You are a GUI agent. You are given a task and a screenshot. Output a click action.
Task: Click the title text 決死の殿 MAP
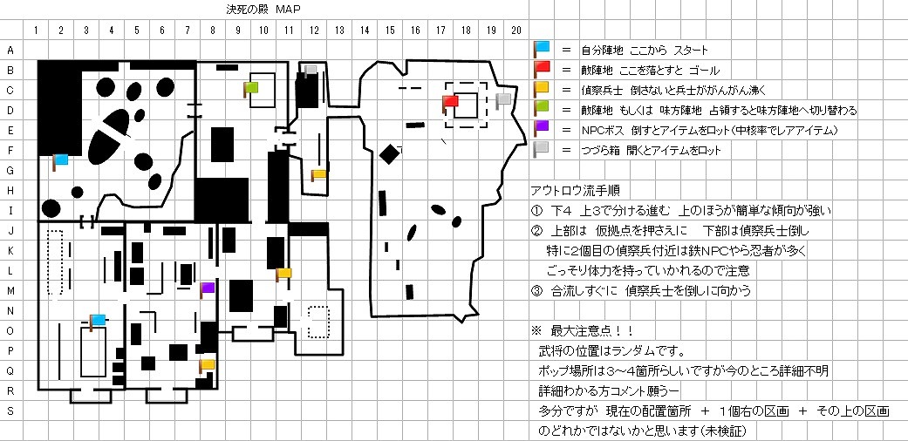[x=264, y=10]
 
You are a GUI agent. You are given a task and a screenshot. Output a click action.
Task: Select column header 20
[x=516, y=31]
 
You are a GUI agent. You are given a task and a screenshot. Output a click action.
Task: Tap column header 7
[x=187, y=31]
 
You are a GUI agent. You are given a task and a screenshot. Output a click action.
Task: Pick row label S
[x=10, y=410]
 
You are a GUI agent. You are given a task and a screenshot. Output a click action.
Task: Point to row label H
[x=10, y=190]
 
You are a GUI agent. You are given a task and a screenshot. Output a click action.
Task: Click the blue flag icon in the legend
[x=542, y=49]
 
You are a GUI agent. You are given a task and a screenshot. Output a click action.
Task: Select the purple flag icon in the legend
[x=542, y=129]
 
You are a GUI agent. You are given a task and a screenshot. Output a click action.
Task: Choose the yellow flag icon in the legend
[x=542, y=89]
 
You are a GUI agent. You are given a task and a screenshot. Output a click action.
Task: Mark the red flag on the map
[x=450, y=104]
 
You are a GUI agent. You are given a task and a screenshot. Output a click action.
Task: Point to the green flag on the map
[x=250, y=89]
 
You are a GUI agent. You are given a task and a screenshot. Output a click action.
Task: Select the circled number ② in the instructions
[x=536, y=231]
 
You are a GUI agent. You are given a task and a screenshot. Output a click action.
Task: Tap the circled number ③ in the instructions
[x=536, y=291]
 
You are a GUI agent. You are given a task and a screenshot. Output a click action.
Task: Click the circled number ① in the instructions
[x=536, y=211]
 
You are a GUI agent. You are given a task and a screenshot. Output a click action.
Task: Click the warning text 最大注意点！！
[x=592, y=331]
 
